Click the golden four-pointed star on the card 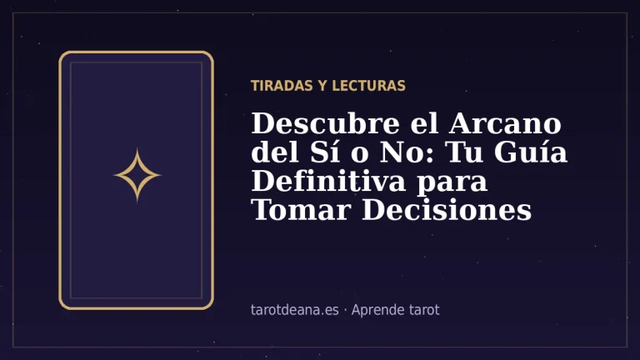(137, 175)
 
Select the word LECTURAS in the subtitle (368, 86)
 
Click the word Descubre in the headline (325, 123)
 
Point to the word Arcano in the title (505, 123)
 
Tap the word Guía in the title (531, 152)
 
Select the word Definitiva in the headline (328, 181)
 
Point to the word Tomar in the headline (301, 210)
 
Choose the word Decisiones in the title (447, 210)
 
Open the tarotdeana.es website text (295, 310)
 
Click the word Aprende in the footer (377, 311)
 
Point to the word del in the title (276, 152)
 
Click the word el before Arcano (424, 123)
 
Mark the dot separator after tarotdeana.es (345, 311)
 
